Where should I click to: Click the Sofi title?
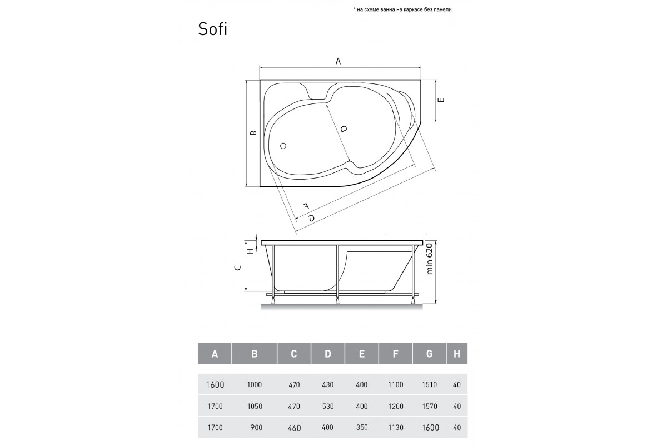coord(212,29)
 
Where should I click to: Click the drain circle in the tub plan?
coord(283,146)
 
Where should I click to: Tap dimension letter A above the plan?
coord(338,61)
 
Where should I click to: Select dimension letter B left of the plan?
coord(253,132)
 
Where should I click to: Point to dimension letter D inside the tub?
coord(344,128)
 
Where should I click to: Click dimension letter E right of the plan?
coord(441,100)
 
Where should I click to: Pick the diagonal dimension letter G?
coord(311,218)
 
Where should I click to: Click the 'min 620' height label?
coord(429,259)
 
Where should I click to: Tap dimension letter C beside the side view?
coord(238,268)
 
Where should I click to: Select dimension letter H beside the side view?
coord(251,251)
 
